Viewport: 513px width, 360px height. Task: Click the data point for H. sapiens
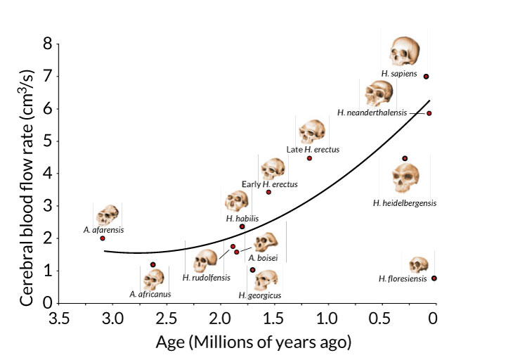[426, 77]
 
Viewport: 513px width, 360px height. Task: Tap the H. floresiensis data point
[434, 278]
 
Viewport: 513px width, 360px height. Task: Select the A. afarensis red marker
[103, 238]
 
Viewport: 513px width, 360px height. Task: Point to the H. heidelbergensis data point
[405, 159]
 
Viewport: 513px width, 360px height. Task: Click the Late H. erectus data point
[309, 158]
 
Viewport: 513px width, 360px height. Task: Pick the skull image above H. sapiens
[405, 51]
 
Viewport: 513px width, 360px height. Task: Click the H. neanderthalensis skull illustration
[379, 93]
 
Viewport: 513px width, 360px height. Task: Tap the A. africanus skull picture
[153, 279]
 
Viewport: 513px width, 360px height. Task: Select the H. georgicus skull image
[266, 279]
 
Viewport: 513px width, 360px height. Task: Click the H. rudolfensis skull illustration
[205, 261]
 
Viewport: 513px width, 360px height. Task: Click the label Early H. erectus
[270, 184]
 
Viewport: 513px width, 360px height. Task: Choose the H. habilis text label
[242, 219]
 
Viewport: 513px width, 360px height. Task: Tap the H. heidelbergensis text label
[405, 203]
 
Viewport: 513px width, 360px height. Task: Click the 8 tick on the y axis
[48, 44]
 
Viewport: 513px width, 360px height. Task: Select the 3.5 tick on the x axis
[59, 318]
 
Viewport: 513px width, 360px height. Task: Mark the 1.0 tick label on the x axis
[326, 318]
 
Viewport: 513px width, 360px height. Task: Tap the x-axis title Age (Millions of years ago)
[254, 343]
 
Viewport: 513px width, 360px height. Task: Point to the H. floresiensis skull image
[419, 264]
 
